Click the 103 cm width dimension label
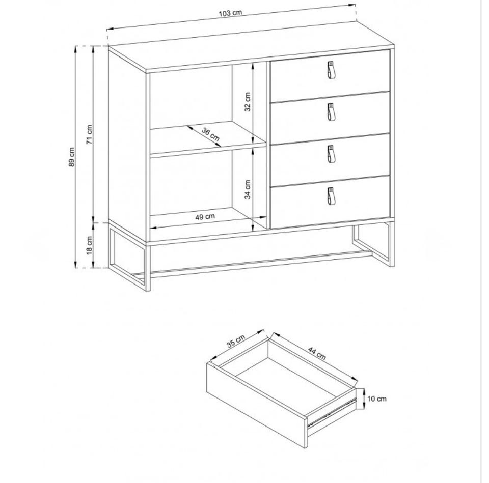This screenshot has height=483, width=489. point(231,13)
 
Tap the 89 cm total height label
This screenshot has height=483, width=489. point(72,157)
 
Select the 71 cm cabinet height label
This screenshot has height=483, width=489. point(90,134)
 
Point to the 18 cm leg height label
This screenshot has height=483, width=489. point(90,245)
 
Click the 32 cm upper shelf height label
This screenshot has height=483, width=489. point(248,102)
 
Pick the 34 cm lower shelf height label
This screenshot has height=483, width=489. point(248,189)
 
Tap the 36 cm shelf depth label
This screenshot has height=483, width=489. point(210,134)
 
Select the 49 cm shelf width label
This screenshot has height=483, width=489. point(205,217)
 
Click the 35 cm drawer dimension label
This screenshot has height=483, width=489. point(236,340)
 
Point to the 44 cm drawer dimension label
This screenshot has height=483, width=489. point(317,353)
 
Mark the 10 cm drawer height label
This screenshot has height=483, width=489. point(377,399)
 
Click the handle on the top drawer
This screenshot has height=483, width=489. point(331,70)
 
